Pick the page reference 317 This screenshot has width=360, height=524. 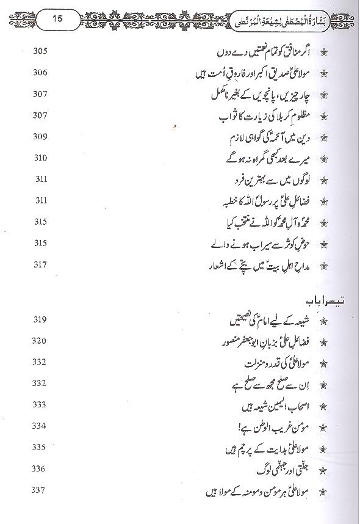[40, 265]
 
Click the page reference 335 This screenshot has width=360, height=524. [40, 447]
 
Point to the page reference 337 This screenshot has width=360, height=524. [40, 490]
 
